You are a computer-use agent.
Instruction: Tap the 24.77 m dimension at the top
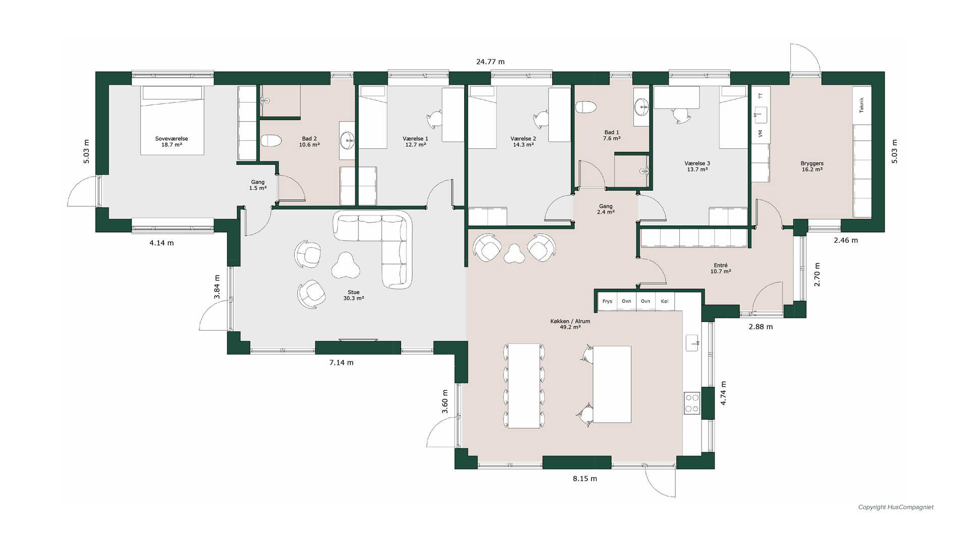point(491,62)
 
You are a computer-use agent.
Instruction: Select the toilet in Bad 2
point(271,141)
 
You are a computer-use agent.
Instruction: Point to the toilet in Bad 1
point(586,107)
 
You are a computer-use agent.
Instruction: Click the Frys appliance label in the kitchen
point(607,301)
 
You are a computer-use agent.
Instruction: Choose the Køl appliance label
point(665,301)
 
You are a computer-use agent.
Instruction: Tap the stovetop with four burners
point(692,403)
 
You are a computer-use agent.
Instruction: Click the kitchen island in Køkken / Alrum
point(612,384)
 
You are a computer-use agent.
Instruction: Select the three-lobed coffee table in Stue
point(346,265)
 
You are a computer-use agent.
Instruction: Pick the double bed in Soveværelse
point(172,120)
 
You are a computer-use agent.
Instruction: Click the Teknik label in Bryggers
point(862,105)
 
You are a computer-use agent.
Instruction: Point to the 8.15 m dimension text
point(585,479)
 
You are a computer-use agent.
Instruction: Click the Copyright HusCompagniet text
point(896,507)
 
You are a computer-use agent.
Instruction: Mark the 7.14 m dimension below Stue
point(342,363)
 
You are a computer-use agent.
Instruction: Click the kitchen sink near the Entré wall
point(692,343)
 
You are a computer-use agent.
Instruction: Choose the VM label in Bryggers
point(760,134)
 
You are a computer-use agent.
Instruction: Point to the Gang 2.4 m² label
point(606,209)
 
